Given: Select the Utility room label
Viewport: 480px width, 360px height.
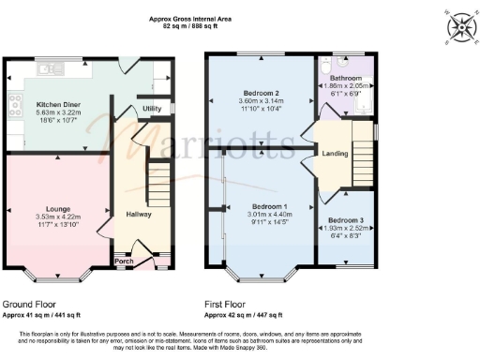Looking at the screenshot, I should click(x=152, y=110).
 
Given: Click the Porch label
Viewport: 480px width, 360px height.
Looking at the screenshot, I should click(x=122, y=262).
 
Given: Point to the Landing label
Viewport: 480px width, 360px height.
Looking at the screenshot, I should click(x=335, y=153).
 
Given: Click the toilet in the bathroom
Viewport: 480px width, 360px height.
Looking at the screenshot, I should click(x=323, y=67).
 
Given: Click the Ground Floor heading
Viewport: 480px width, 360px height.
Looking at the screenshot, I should click(x=29, y=304).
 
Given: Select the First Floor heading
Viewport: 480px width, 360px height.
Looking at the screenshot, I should click(x=230, y=304).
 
